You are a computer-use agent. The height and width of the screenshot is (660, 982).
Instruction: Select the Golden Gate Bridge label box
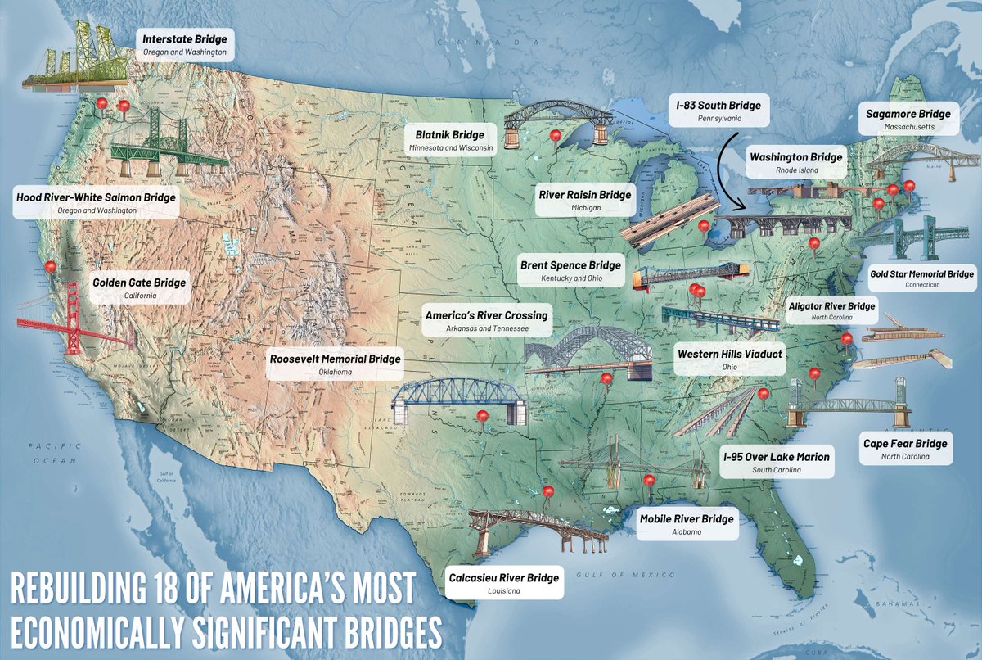click(138, 288)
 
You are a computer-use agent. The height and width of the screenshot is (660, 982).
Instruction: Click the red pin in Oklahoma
click(482, 417)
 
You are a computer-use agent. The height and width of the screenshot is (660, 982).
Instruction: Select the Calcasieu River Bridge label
click(504, 583)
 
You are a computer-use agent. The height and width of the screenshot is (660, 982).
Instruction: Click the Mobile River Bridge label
click(686, 524)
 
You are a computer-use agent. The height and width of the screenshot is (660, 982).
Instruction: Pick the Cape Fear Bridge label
click(905, 449)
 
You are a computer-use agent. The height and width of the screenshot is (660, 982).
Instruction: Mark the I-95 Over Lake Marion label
click(775, 463)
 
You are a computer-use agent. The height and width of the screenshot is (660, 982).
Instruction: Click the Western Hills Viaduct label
click(729, 359)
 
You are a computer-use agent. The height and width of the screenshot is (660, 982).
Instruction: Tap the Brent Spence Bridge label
click(570, 271)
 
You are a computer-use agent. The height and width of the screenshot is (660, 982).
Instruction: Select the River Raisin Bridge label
click(584, 201)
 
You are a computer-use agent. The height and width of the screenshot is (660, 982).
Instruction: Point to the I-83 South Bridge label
click(718, 111)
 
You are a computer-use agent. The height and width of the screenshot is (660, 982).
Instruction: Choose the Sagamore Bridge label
click(908, 120)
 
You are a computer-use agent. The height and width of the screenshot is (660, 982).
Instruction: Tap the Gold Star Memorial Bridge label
click(921, 278)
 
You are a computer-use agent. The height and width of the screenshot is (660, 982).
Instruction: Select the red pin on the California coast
click(52, 266)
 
